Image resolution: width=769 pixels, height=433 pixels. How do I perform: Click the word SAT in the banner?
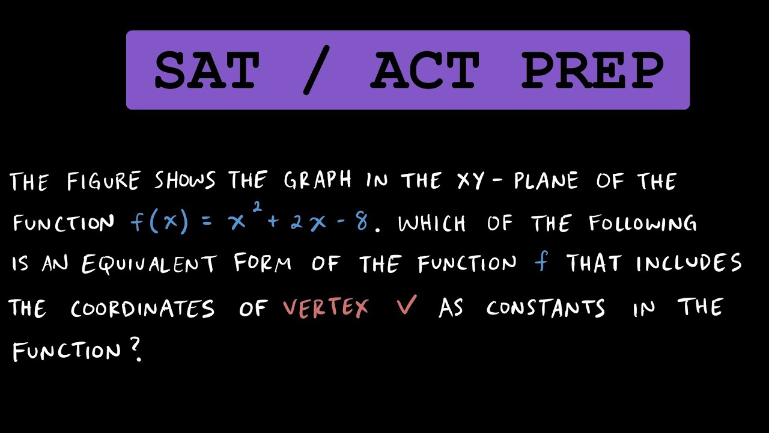207,70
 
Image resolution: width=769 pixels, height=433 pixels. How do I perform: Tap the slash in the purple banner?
317,71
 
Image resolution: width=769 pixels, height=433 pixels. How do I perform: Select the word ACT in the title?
425,70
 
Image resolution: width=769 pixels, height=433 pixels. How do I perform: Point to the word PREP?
592,70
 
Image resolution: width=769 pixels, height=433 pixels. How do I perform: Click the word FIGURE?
103,181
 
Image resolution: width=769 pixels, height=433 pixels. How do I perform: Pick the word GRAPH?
318,181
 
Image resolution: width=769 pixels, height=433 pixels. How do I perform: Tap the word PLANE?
546,181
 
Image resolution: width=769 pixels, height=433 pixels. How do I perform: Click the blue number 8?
362,223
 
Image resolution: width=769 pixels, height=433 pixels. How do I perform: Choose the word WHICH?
431,224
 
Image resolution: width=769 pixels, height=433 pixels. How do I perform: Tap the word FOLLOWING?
643,224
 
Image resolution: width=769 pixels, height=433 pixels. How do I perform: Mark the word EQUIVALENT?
149,265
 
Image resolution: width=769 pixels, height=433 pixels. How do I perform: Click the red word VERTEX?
326,309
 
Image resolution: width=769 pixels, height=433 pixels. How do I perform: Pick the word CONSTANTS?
546,309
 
